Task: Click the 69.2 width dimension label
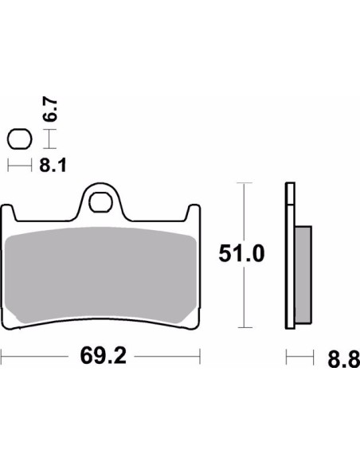pyautogui.click(x=104, y=356)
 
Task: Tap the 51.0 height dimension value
pyautogui.click(x=241, y=254)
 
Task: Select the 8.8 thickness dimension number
pyautogui.click(x=344, y=359)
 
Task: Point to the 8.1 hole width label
pyautogui.click(x=53, y=165)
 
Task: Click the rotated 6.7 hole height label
pyautogui.click(x=50, y=110)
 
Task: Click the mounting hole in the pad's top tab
pyautogui.click(x=100, y=202)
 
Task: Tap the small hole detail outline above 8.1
pyautogui.click(x=20, y=139)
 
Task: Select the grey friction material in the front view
pyautogui.click(x=101, y=275)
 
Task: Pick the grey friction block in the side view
pyautogui.click(x=303, y=275)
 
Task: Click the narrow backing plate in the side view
pyautogui.click(x=290, y=256)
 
